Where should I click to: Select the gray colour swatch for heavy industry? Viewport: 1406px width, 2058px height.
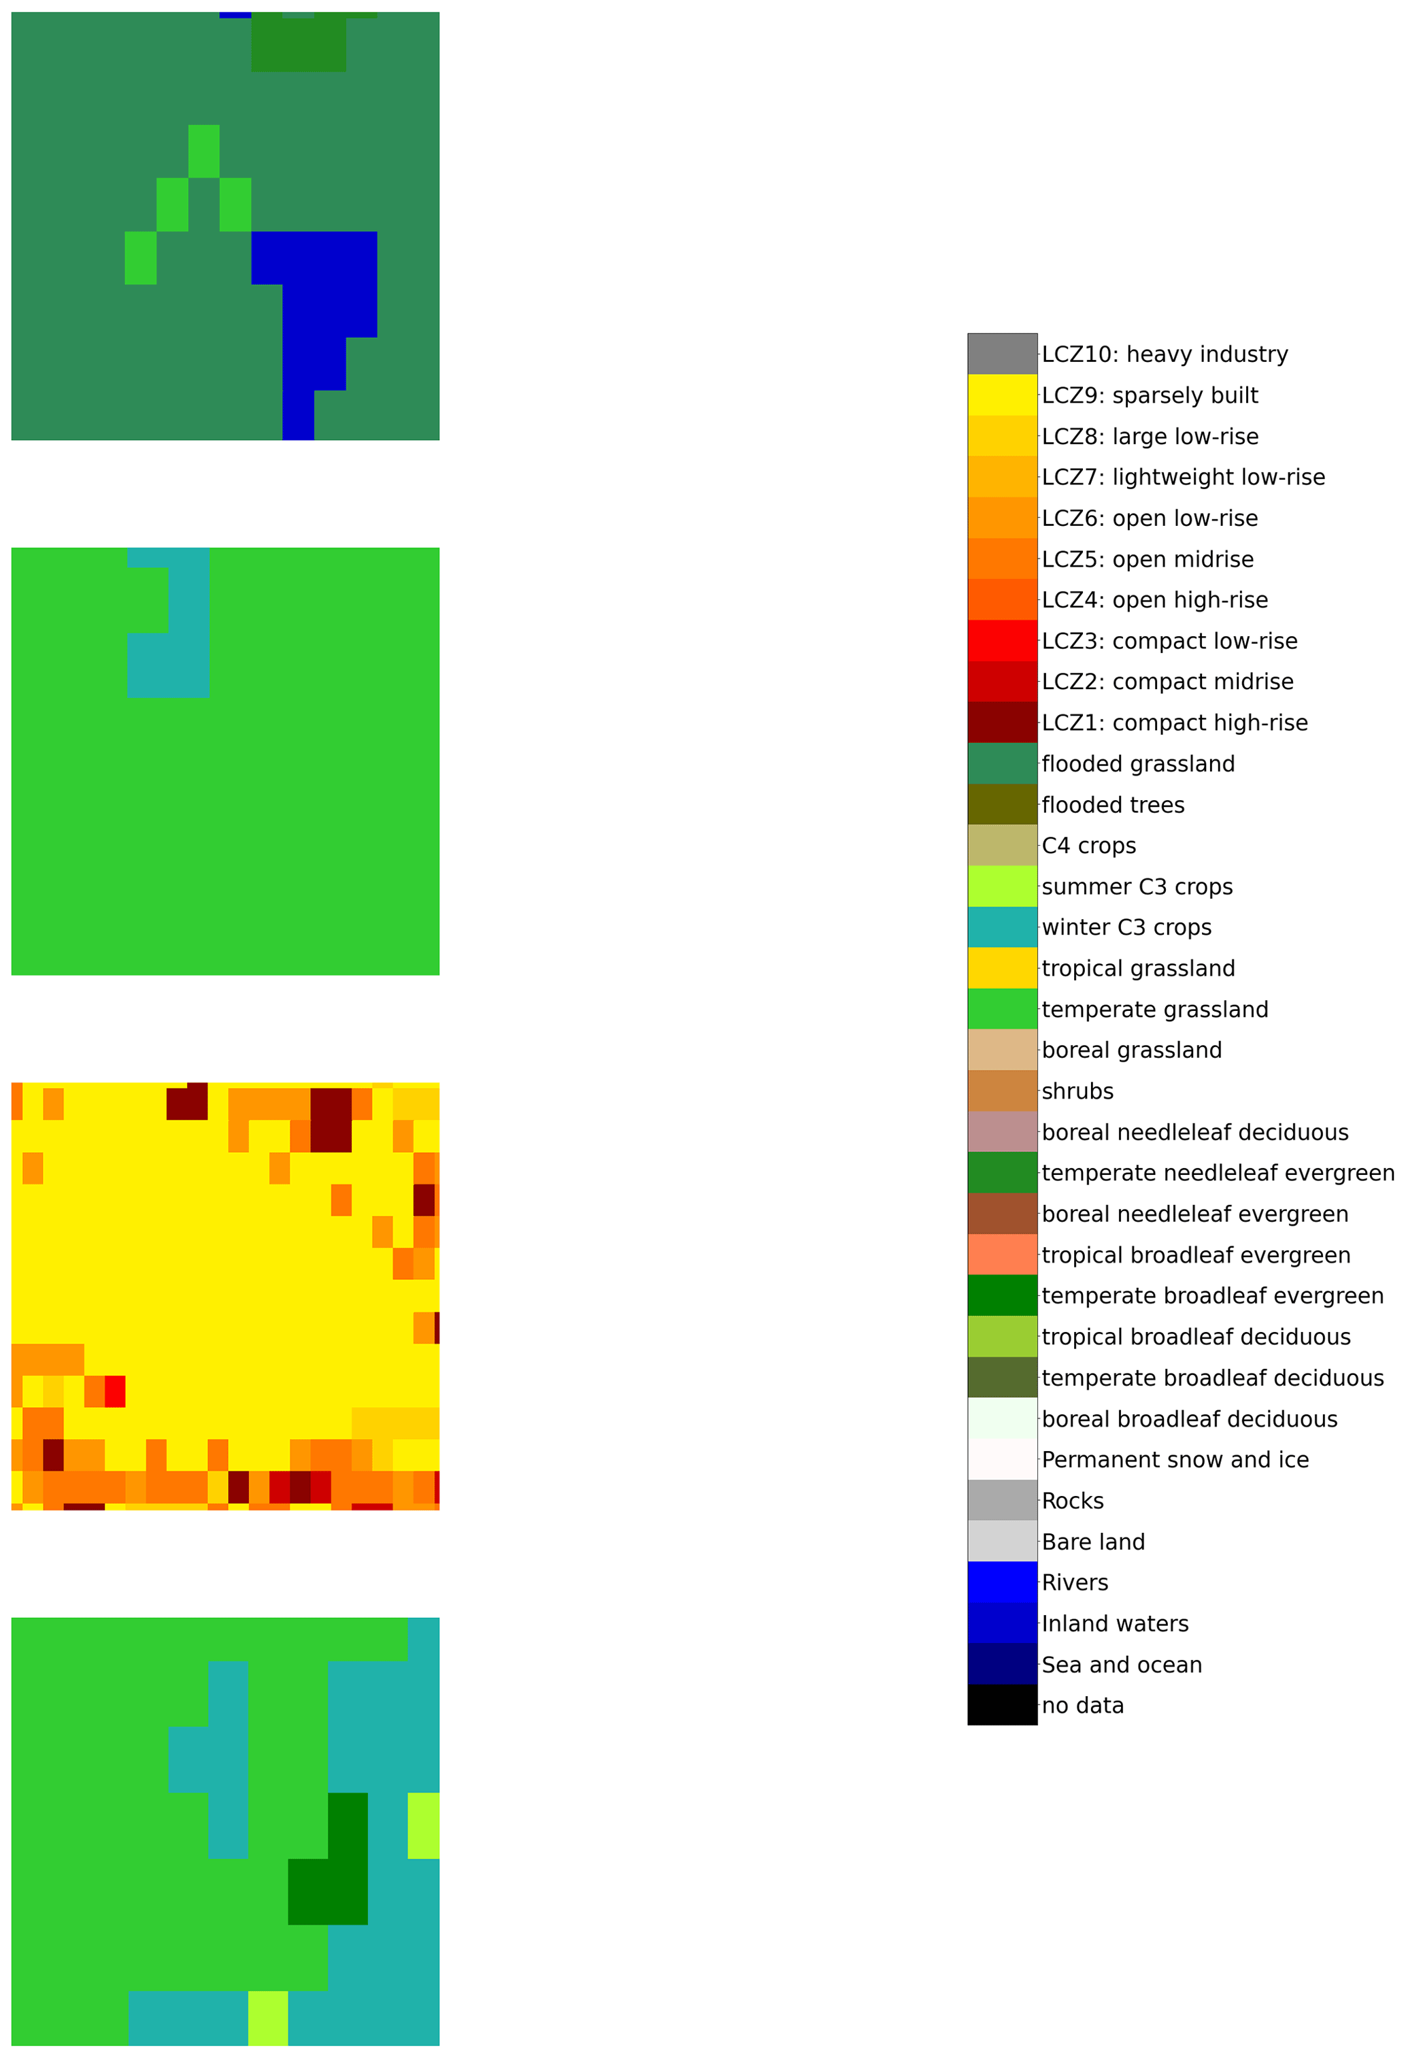[1001, 354]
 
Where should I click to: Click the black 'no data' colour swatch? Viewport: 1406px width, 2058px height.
[1001, 1705]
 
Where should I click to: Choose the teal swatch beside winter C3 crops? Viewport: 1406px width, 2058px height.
[1001, 927]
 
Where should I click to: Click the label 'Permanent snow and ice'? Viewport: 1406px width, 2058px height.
[1174, 1459]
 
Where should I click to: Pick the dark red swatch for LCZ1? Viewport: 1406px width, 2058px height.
[1001, 723]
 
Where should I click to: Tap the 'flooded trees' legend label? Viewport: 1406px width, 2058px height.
[1112, 805]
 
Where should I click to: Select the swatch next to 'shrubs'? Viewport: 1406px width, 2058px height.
[1001, 1091]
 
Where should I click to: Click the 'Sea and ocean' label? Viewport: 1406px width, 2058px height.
[1121, 1665]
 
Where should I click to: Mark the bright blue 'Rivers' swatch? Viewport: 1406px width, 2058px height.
[1001, 1582]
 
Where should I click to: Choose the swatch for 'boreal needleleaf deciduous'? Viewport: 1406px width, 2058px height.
[1001, 1131]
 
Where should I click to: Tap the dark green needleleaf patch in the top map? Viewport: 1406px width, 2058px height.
[299, 44]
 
